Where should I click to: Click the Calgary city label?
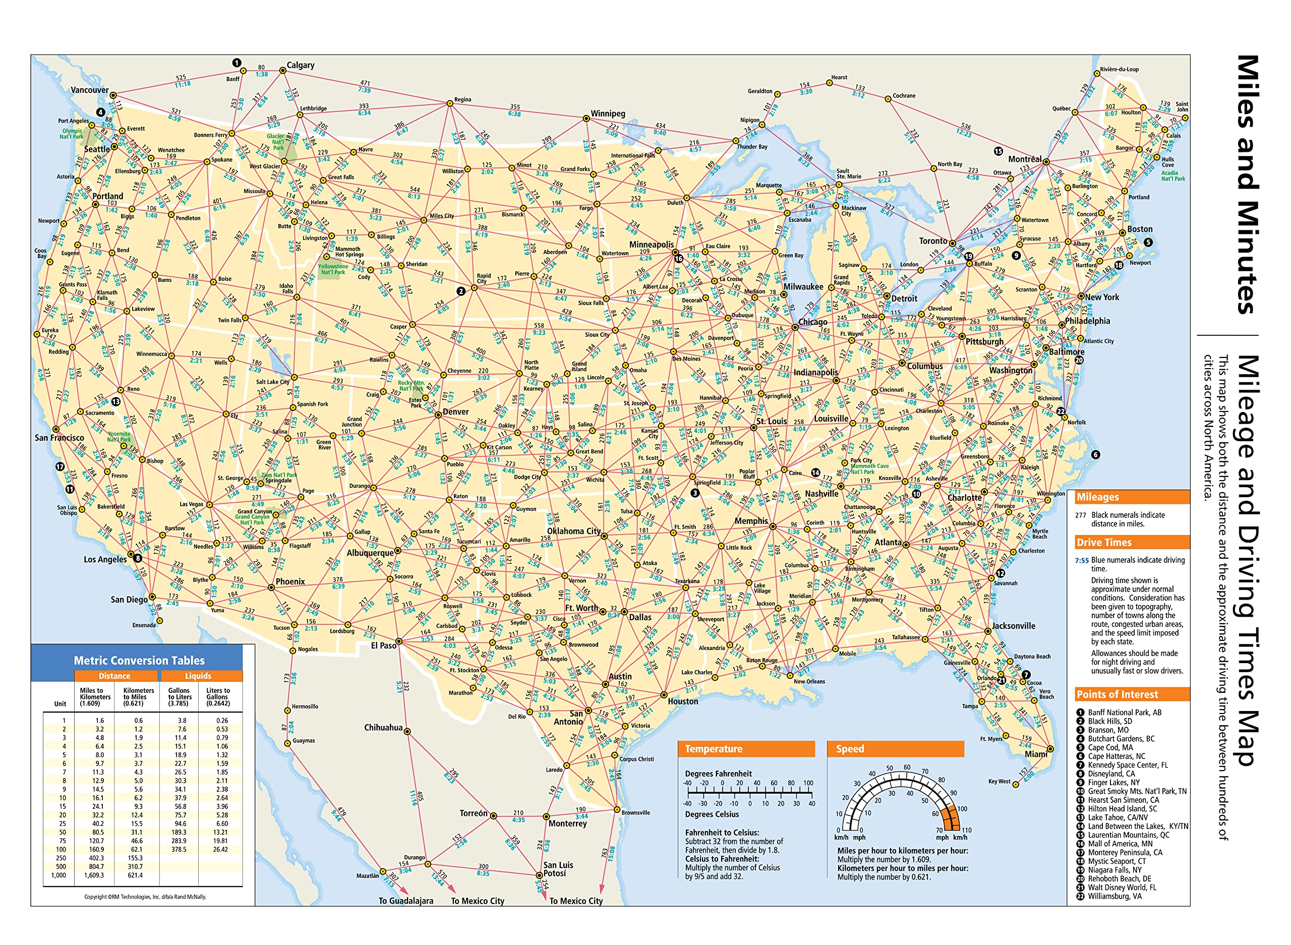[300, 65]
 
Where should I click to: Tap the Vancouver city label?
[89, 90]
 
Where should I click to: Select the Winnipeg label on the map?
[608, 113]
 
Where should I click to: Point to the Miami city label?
[1035, 754]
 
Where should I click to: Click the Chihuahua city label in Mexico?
[383, 728]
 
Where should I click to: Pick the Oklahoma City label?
[574, 531]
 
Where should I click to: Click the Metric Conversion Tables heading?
[139, 660]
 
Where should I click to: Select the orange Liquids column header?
[198, 676]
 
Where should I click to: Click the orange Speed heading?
[849, 749]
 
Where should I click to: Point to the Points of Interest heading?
[1117, 694]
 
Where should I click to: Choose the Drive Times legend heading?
[1103, 542]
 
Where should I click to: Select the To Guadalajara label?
[405, 901]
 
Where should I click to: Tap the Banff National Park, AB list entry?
[1124, 713]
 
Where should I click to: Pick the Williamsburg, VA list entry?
[1113, 897]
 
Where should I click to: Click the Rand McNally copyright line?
[145, 897]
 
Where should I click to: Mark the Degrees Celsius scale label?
[712, 814]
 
